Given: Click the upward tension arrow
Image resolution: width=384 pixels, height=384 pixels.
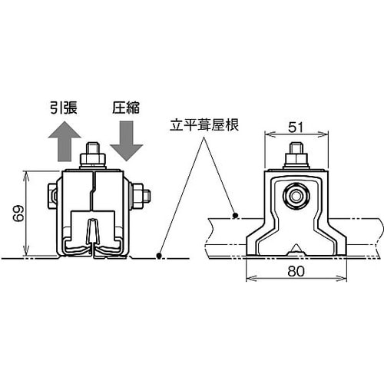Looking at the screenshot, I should [65, 141].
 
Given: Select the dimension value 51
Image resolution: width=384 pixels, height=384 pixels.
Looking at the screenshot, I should [294, 126].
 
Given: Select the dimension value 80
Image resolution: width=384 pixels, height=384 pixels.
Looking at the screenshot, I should [293, 270].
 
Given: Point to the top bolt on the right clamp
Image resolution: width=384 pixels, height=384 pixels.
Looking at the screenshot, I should [295, 157].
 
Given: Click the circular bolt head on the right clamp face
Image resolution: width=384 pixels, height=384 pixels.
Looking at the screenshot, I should [295, 197].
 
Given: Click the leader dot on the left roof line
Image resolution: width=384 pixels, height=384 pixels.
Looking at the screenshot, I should [160, 255].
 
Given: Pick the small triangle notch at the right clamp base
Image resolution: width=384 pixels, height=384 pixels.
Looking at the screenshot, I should [295, 250].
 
